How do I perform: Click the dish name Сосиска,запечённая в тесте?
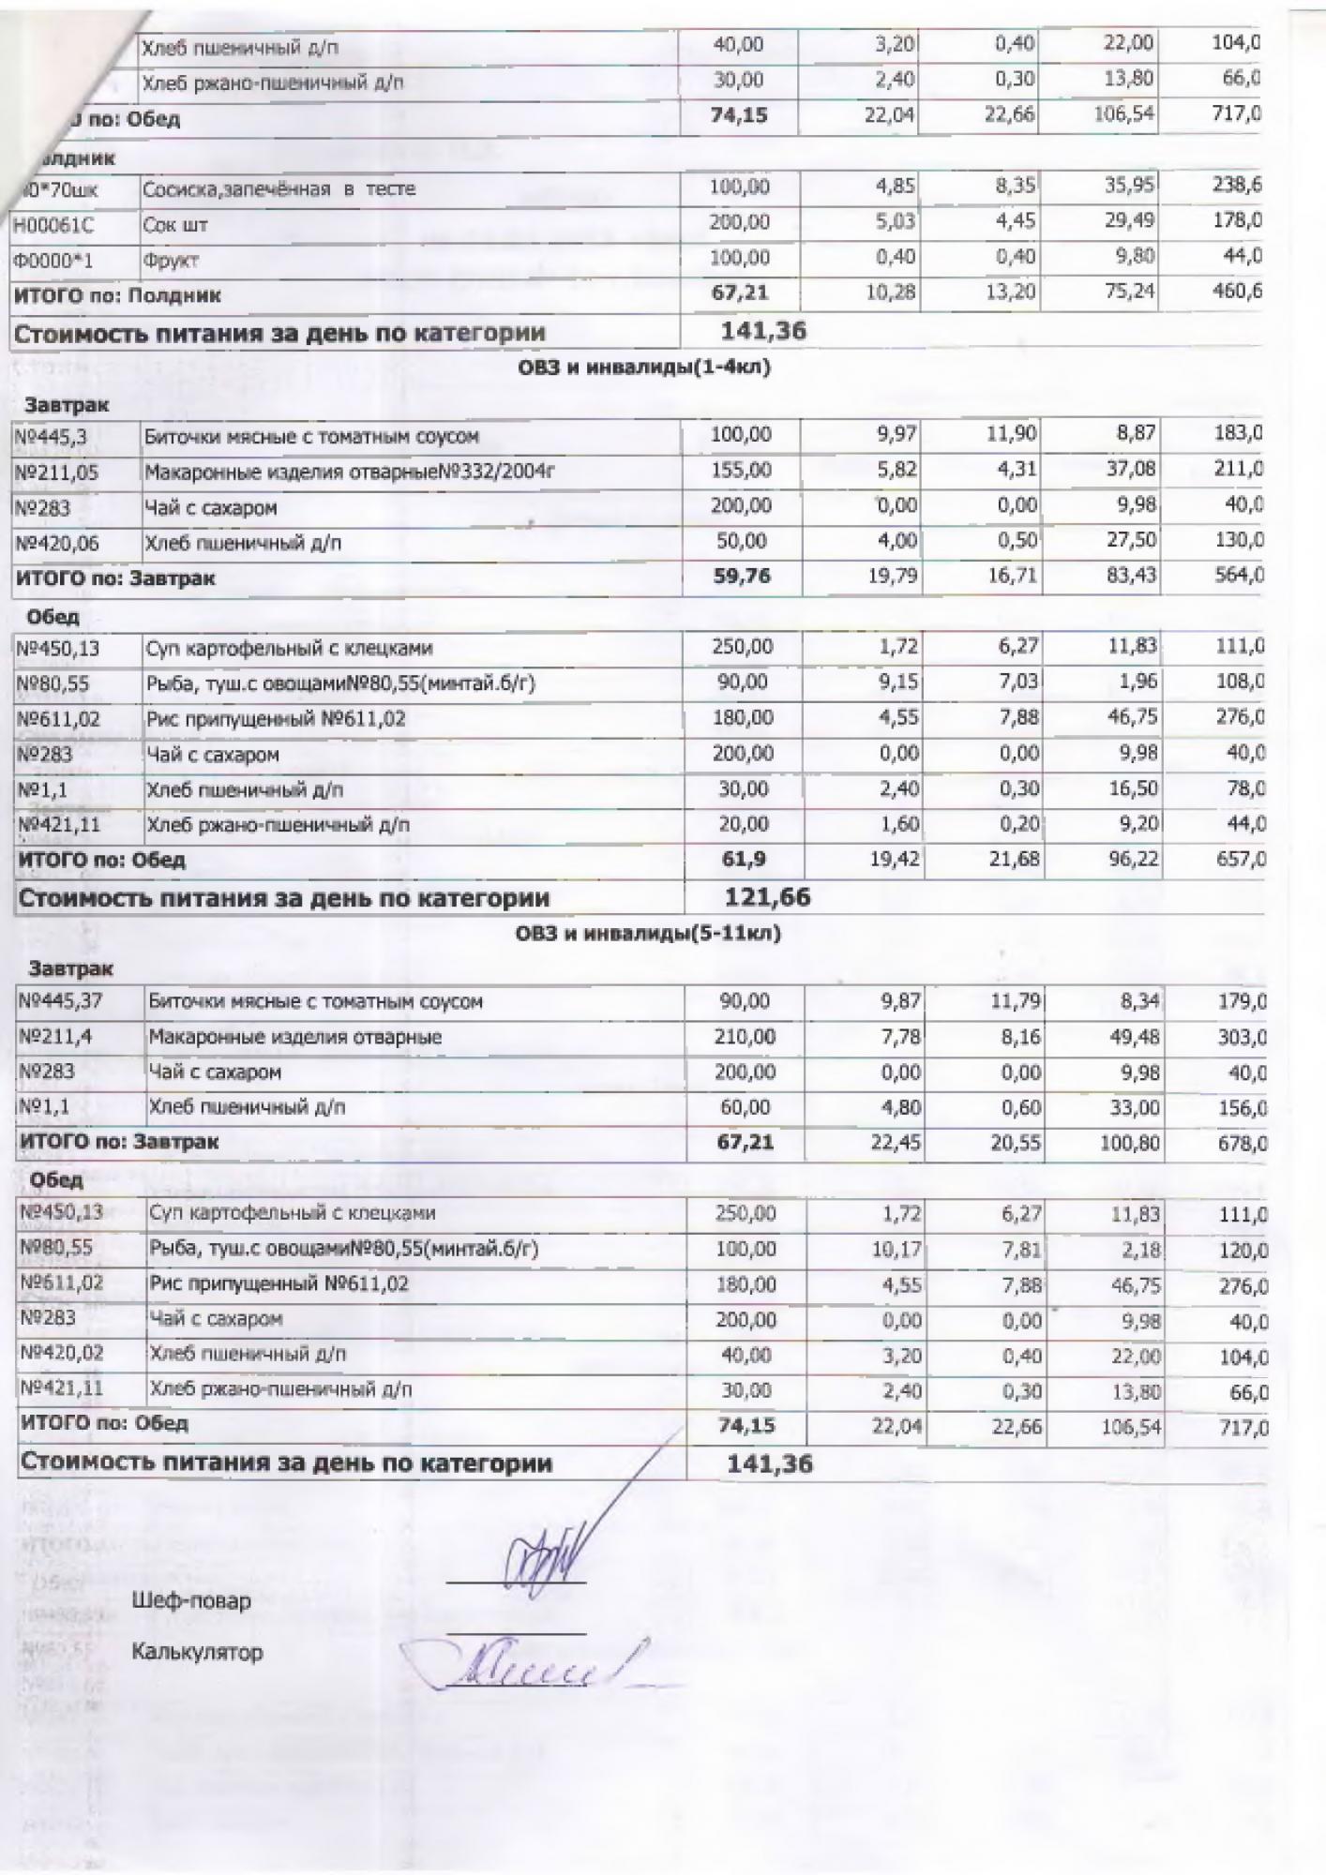click(x=279, y=189)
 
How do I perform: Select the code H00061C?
click(x=54, y=225)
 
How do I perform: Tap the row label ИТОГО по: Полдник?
click(x=118, y=295)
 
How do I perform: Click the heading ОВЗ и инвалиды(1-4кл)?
click(x=644, y=367)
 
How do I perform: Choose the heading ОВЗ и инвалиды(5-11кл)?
click(x=648, y=933)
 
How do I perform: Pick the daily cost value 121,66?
click(x=767, y=897)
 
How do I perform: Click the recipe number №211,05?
click(x=57, y=472)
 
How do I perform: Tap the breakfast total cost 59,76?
click(x=742, y=576)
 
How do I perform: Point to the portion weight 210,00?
click(x=745, y=1037)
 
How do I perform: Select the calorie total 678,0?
click(x=1242, y=1144)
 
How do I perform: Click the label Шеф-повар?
click(x=192, y=1600)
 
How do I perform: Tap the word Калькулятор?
click(x=198, y=1652)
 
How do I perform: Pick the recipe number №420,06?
click(x=58, y=543)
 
